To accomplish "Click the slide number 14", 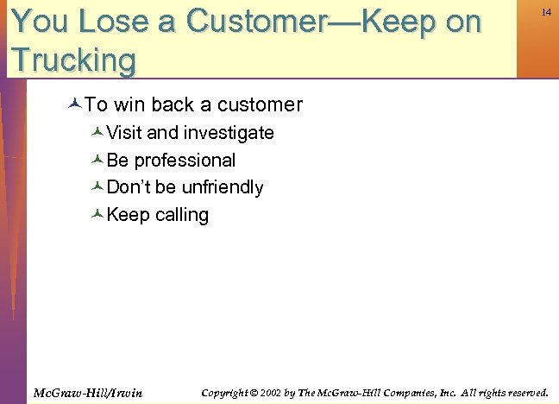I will click(x=546, y=12).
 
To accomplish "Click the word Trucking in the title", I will click(x=74, y=60).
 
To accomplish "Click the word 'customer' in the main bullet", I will click(x=260, y=105).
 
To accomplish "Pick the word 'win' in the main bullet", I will click(x=129, y=105).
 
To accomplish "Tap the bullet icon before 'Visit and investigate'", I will click(x=97, y=133).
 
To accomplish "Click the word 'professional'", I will click(x=185, y=161).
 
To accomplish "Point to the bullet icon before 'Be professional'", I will click(x=97, y=161).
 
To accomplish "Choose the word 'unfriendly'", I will click(x=223, y=187).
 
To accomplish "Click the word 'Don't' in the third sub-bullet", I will click(x=129, y=187).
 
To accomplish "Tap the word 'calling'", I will click(x=182, y=215).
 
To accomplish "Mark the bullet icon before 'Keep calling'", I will click(x=97, y=215).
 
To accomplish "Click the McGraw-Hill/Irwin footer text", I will click(x=88, y=393).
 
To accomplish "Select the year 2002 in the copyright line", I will click(x=270, y=393).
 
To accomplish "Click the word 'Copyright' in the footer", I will click(x=225, y=393).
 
